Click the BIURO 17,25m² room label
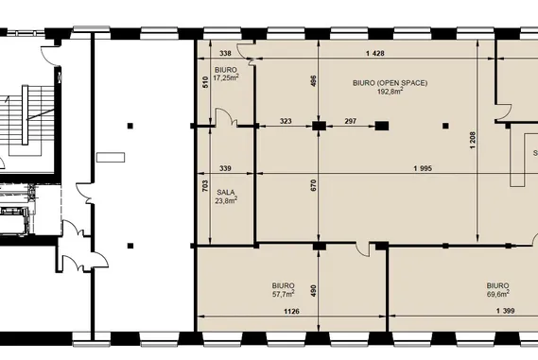[x=226, y=74]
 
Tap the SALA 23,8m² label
[x=226, y=197]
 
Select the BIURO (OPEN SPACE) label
[x=390, y=83]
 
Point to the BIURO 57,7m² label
[x=284, y=290]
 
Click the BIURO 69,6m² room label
[x=498, y=290]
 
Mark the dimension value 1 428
[x=375, y=53]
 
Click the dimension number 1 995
[x=423, y=168]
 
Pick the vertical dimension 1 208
[x=473, y=140]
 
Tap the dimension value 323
[x=286, y=121]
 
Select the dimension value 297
[x=351, y=121]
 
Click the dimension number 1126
[x=291, y=311]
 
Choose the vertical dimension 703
[x=205, y=186]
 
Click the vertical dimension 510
[x=205, y=82]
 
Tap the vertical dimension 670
[x=313, y=185]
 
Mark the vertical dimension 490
[x=313, y=291]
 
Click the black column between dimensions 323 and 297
[x=319, y=127]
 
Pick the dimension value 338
[x=225, y=53]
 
